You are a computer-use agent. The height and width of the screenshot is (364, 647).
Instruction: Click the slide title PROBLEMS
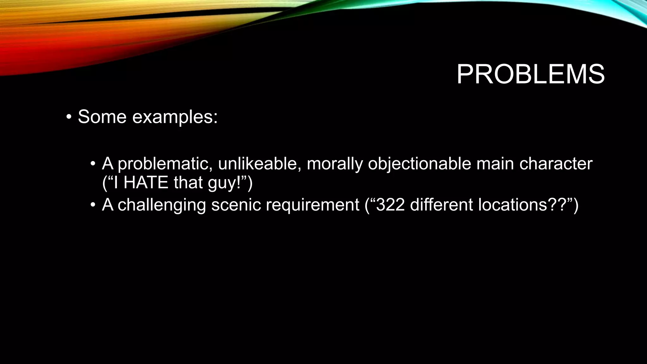click(530, 75)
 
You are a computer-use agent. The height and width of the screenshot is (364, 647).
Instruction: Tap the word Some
click(102, 117)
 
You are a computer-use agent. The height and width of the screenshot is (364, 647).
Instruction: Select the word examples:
click(175, 117)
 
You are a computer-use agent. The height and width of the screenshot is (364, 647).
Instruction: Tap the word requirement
click(312, 205)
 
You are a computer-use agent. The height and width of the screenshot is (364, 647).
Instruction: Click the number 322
click(390, 205)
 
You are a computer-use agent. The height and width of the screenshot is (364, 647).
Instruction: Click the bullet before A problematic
click(93, 164)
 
